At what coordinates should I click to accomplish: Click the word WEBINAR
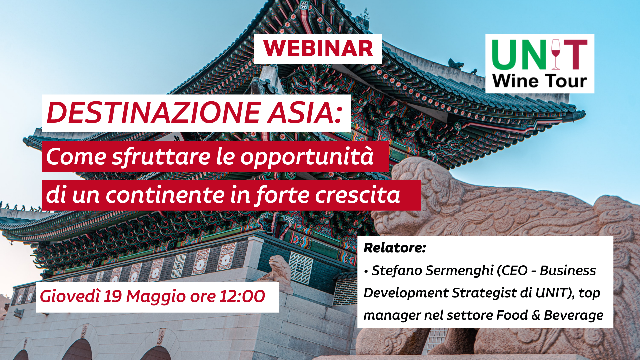click(318, 49)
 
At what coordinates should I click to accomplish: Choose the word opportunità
click(307, 157)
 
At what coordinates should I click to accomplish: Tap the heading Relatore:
click(395, 248)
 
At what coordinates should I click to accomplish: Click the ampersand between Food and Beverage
click(536, 315)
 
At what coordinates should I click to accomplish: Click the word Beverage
click(573, 315)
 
